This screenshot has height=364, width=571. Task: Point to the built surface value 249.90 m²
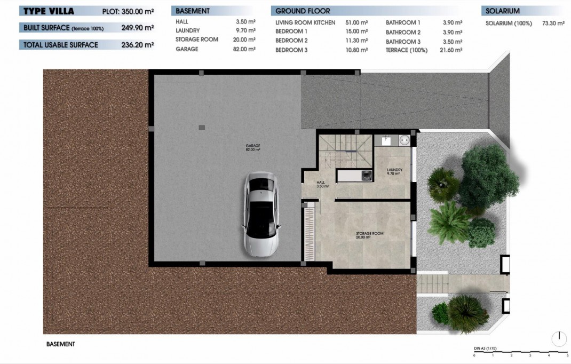tap(137, 28)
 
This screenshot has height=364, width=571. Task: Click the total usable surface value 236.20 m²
tap(137, 45)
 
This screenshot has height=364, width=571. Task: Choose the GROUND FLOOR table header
tap(303, 11)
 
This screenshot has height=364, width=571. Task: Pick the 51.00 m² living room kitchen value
tap(357, 23)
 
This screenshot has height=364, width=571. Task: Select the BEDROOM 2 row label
tap(291, 41)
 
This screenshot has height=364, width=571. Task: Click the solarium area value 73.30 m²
tap(552, 23)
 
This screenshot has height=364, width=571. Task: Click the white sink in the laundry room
tap(404, 140)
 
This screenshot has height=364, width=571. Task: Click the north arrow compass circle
tap(559, 338)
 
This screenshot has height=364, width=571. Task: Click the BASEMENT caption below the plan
tap(61, 344)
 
